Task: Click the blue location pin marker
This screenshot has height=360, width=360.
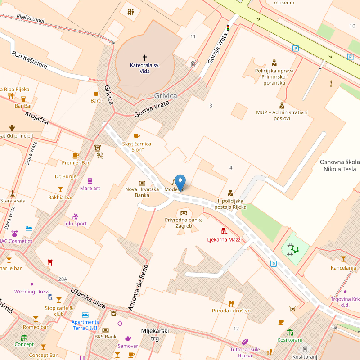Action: click(180, 182)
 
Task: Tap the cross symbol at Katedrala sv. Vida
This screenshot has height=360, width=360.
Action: click(145, 58)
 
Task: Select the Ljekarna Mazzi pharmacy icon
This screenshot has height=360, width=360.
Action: click(224, 231)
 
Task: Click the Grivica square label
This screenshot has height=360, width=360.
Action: click(166, 96)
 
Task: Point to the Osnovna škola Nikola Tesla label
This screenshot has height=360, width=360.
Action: click(340, 166)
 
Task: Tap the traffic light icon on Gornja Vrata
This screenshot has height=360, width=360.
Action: click(228, 28)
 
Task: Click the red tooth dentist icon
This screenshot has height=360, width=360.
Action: click(50, 262)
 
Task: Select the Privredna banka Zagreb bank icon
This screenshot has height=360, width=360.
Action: click(184, 213)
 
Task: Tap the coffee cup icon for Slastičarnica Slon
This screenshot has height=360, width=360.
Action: click(137, 136)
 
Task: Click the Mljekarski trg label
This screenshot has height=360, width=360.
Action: click(155, 334)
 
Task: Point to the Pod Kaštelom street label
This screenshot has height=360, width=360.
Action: click(29, 59)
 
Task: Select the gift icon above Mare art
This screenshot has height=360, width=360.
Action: click(90, 181)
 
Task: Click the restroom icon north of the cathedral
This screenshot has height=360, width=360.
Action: click(130, 12)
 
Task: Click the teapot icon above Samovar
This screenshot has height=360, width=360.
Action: click(128, 338)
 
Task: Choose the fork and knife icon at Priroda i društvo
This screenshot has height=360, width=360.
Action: click(231, 303)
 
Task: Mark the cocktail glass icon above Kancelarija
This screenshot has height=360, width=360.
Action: click(343, 259)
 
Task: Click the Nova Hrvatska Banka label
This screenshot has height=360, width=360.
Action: click(142, 192)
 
